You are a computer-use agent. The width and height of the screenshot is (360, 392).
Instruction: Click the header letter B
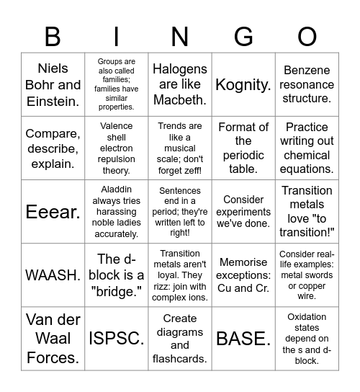point(53,37)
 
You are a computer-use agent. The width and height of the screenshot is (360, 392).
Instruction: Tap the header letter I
point(117,37)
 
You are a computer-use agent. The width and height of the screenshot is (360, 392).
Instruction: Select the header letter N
point(180,37)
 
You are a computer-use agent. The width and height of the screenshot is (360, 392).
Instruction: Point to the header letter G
point(243,37)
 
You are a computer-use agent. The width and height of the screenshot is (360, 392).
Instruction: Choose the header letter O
point(307,37)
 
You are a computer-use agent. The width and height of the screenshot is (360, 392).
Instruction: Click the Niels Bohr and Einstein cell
point(53,84)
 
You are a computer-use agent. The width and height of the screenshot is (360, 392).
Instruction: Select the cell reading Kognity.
point(243,84)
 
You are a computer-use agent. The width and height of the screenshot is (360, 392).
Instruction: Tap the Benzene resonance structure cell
point(307,84)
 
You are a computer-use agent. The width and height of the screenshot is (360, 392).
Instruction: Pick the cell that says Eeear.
point(53,212)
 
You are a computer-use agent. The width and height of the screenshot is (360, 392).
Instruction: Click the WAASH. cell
point(53,275)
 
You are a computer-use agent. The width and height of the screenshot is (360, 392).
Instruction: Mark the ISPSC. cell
point(117,339)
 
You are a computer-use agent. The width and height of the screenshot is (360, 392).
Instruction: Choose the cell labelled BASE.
point(243,339)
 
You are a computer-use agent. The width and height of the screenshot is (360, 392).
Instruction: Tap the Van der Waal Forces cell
point(53,339)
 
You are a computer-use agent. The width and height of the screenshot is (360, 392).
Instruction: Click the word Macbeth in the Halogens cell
point(180,100)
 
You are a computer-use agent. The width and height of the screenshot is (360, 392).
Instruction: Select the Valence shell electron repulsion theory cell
point(117,148)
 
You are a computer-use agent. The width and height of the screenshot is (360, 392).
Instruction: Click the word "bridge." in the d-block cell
point(117,291)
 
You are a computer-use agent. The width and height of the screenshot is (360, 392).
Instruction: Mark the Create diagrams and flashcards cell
point(180,339)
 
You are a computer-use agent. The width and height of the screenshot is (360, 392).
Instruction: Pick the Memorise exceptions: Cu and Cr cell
point(243,275)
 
